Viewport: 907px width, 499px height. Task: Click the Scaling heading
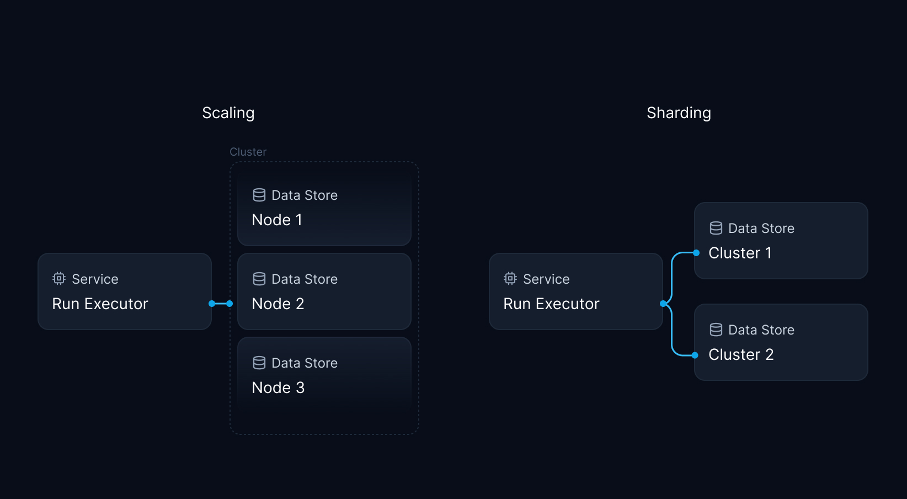[x=228, y=113]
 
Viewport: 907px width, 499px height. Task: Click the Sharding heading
[x=679, y=113]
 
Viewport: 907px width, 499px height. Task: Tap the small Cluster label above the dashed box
[x=248, y=152]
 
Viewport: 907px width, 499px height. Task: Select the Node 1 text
[x=277, y=220]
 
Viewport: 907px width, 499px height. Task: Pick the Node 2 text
[x=278, y=304]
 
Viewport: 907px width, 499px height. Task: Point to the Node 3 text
[x=278, y=387]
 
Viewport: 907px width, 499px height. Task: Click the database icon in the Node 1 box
[x=259, y=195]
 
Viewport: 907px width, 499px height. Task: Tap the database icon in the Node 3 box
[x=259, y=363]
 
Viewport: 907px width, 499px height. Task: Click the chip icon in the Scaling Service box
[x=59, y=279]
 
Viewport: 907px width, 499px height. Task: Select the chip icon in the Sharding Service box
[x=510, y=279]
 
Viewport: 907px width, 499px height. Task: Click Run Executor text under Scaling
[x=100, y=304]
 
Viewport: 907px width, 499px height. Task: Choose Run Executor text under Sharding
[x=551, y=304]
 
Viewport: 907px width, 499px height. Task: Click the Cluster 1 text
[x=740, y=253]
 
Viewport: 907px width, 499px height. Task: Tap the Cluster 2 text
[x=741, y=354]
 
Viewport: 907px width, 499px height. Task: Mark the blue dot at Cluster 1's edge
[x=696, y=253]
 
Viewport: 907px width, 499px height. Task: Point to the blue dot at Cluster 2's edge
[x=695, y=355]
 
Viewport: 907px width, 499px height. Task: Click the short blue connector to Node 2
[x=221, y=304]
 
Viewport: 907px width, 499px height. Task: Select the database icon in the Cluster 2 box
[x=716, y=330]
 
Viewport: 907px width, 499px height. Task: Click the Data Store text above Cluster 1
[x=761, y=228]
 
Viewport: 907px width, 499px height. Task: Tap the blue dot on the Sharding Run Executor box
[x=663, y=304]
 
